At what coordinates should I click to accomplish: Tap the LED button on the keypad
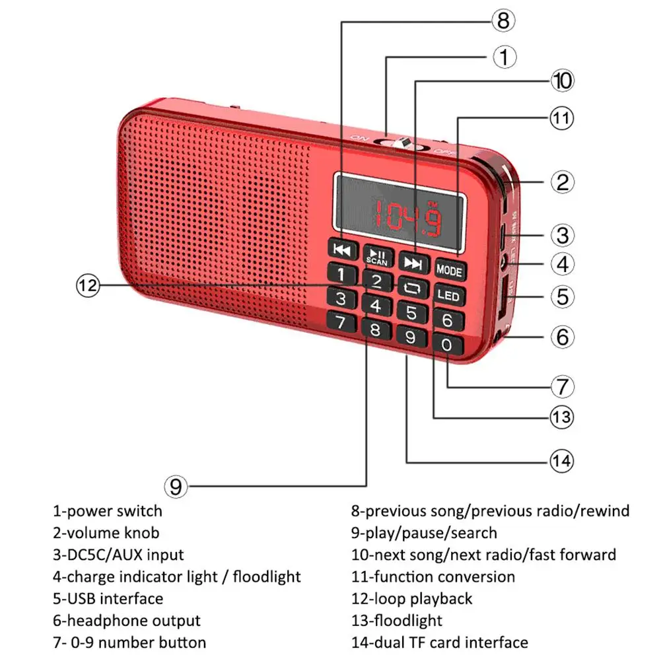pyautogui.click(x=448, y=295)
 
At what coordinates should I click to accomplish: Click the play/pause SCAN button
pyautogui.click(x=378, y=256)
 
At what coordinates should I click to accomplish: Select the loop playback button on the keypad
pyautogui.click(x=412, y=287)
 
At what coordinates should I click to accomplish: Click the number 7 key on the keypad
pyautogui.click(x=341, y=323)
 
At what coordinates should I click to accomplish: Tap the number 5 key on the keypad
pyautogui.click(x=411, y=312)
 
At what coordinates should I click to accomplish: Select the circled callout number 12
pyautogui.click(x=88, y=286)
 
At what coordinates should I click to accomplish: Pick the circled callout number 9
pyautogui.click(x=176, y=487)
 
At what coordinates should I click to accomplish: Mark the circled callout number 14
pyautogui.click(x=561, y=460)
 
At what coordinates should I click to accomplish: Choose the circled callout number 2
pyautogui.click(x=562, y=182)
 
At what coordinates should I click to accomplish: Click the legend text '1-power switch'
pyautogui.click(x=108, y=510)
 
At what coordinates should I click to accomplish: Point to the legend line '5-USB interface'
pyautogui.click(x=108, y=599)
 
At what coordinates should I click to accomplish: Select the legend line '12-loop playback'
pyautogui.click(x=412, y=599)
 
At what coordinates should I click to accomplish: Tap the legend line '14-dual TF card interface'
pyautogui.click(x=440, y=642)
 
